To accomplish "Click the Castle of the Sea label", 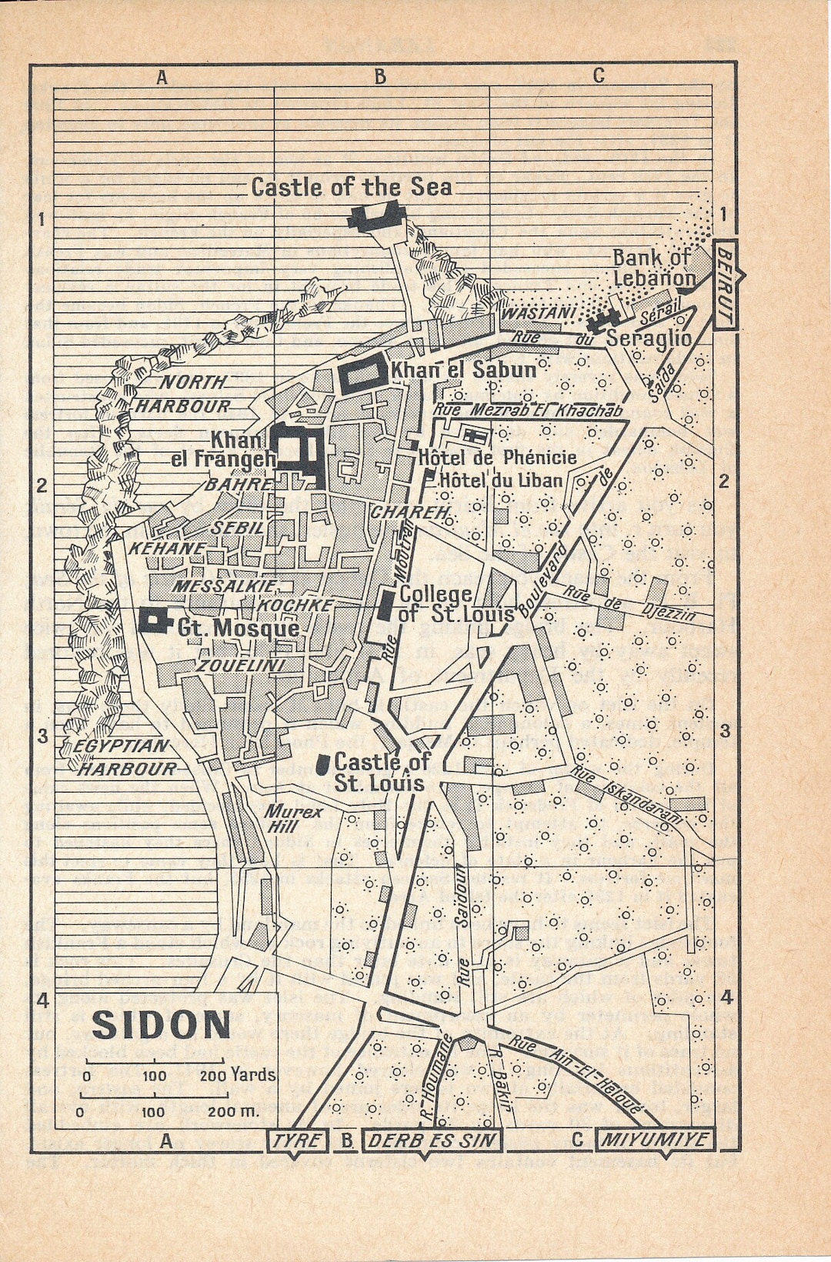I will pos(352,187).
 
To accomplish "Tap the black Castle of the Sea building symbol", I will pos(375,213).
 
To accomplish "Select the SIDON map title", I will pos(162,1024).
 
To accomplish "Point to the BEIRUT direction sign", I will pos(725,285).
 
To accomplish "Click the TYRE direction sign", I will pos(297,1140).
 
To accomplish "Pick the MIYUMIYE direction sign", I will pos(655,1140).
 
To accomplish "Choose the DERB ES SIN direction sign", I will pos(432,1140).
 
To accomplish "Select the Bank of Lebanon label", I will pos(652,267).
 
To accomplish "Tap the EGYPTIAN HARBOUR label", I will pos(123,756).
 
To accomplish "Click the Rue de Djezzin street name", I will pos(629,604).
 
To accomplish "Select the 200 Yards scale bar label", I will pos(237,1075).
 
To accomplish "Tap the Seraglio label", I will pos(648,338).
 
